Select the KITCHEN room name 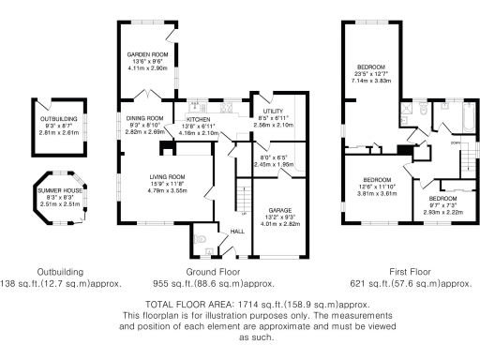click(198, 120)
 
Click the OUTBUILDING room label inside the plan click(58, 120)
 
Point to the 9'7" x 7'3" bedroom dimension click(443, 206)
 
